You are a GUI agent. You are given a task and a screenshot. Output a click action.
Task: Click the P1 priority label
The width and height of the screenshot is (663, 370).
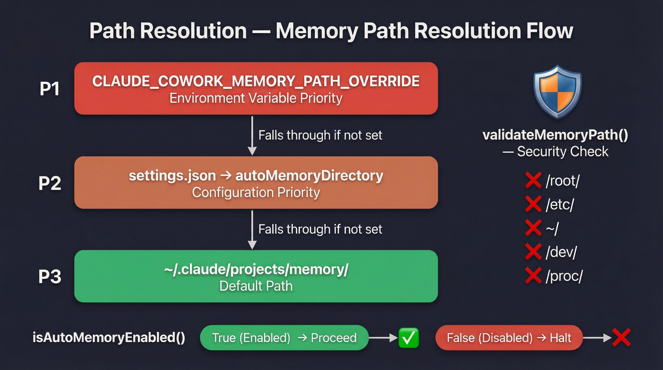pos(49,89)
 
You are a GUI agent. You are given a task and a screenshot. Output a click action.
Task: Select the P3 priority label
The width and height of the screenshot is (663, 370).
pos(50,277)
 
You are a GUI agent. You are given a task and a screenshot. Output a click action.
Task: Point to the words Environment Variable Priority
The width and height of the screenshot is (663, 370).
pos(256,98)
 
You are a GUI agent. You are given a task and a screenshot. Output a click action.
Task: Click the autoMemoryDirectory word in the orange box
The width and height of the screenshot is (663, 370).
pos(309,176)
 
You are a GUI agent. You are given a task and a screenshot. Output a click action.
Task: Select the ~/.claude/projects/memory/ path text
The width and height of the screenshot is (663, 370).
pos(256,269)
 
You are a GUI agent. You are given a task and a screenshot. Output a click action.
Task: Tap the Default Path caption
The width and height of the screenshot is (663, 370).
pos(256,286)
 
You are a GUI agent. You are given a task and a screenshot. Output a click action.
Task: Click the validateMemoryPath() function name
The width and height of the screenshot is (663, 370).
pos(555,135)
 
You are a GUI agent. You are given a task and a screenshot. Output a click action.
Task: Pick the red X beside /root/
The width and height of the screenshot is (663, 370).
pos(533,180)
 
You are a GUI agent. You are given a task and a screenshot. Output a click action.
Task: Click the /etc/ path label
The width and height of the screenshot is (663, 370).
pos(560,204)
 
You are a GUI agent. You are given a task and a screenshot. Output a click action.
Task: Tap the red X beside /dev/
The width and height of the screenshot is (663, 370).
pos(533,252)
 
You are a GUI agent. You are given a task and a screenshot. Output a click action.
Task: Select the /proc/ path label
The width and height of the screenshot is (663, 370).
pos(564,276)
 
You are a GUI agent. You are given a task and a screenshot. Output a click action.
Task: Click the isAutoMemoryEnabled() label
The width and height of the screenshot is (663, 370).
pos(109,337)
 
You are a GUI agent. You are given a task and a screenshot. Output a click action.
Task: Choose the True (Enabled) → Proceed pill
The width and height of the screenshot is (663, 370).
pos(284,337)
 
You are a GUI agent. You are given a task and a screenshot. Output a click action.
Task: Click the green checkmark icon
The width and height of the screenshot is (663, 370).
pos(408,337)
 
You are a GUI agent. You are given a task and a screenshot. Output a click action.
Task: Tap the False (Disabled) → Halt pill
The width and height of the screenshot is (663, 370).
pos(509,337)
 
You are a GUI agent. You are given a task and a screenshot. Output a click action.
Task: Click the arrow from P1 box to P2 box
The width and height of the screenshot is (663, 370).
pos(252,136)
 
